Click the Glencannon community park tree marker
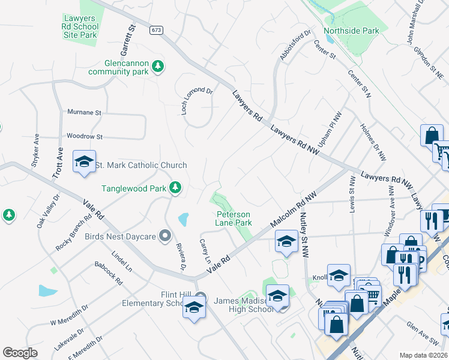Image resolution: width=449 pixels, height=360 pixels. pyautogui.click(x=158, y=66)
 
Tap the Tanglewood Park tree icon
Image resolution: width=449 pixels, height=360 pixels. pyautogui.click(x=175, y=188)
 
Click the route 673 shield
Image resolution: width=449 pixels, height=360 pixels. pyautogui.click(x=157, y=30)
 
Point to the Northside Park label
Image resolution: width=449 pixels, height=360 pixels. pyautogui.click(x=351, y=31)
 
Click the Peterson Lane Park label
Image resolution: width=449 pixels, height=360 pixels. pyautogui.click(x=234, y=218)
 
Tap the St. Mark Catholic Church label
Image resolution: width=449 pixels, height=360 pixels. pyautogui.click(x=142, y=165)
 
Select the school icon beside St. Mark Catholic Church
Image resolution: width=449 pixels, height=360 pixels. pyautogui.click(x=85, y=161)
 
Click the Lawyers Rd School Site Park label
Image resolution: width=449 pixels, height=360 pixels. pyautogui.click(x=80, y=26)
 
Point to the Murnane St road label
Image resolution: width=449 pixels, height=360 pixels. pyautogui.click(x=85, y=112)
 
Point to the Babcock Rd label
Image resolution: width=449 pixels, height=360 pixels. pyautogui.click(x=109, y=272)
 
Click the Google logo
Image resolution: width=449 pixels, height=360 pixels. pyautogui.click(x=20, y=353)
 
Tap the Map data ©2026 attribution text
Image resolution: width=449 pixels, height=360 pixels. pyautogui.click(x=423, y=355)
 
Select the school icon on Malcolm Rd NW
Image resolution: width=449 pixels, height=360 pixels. pyautogui.click(x=286, y=242)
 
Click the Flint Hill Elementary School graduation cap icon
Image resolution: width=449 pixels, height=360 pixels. pyautogui.click(x=194, y=308)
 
